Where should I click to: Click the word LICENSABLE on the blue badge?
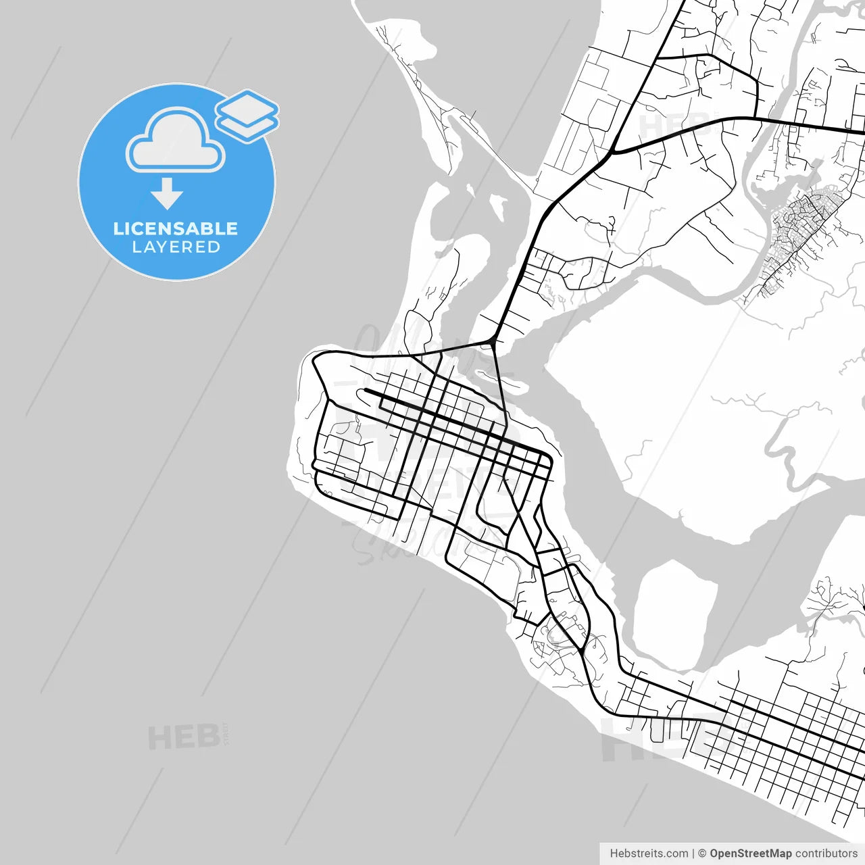176,228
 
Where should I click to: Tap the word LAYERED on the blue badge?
176,247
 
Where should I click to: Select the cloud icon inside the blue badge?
176,140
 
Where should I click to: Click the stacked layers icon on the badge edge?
247,115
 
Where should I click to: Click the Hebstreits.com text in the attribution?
649,854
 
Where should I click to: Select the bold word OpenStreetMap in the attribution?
750,854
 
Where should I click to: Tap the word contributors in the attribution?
826,854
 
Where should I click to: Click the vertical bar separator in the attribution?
694,854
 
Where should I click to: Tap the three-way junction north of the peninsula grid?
495,341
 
